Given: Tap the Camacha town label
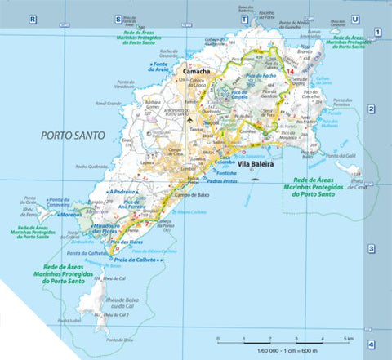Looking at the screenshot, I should (x=198, y=72).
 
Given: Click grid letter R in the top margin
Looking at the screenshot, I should (x=33, y=18).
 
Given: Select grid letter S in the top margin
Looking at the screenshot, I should (x=118, y=18).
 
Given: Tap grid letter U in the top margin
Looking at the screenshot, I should (x=354, y=18).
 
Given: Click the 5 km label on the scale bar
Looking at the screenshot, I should (x=348, y=338).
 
